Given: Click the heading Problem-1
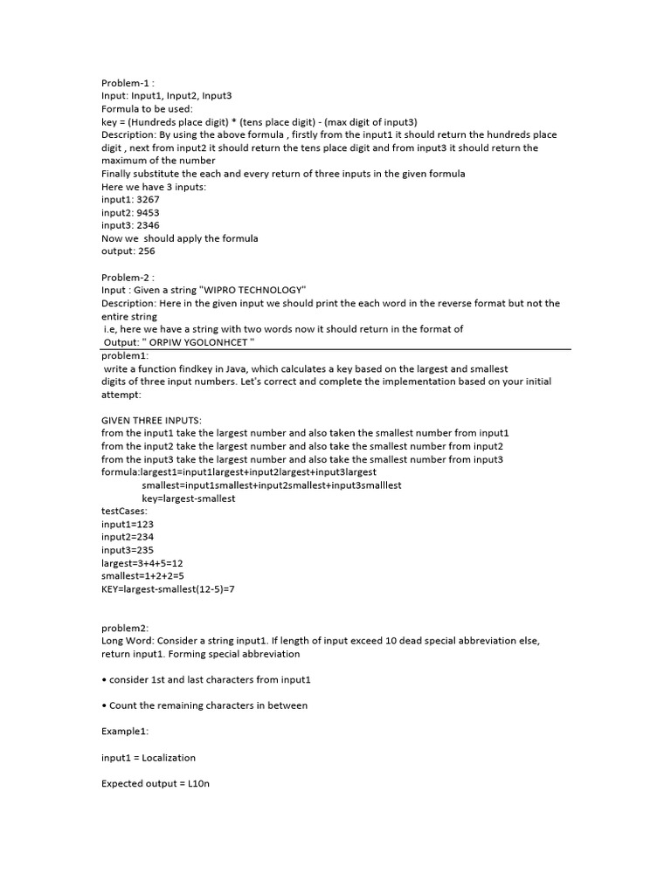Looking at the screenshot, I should (128, 83).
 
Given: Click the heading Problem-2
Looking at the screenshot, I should (128, 278).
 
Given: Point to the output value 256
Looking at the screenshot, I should (146, 251).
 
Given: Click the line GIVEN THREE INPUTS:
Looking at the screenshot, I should (151, 421).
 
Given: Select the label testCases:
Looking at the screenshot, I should (124, 512).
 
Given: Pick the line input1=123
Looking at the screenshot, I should (128, 525).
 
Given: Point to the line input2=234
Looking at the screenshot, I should (128, 538).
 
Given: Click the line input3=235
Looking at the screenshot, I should (128, 551).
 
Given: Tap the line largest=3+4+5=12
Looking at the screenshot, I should (142, 564).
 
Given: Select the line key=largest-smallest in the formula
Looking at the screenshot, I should (189, 499).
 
